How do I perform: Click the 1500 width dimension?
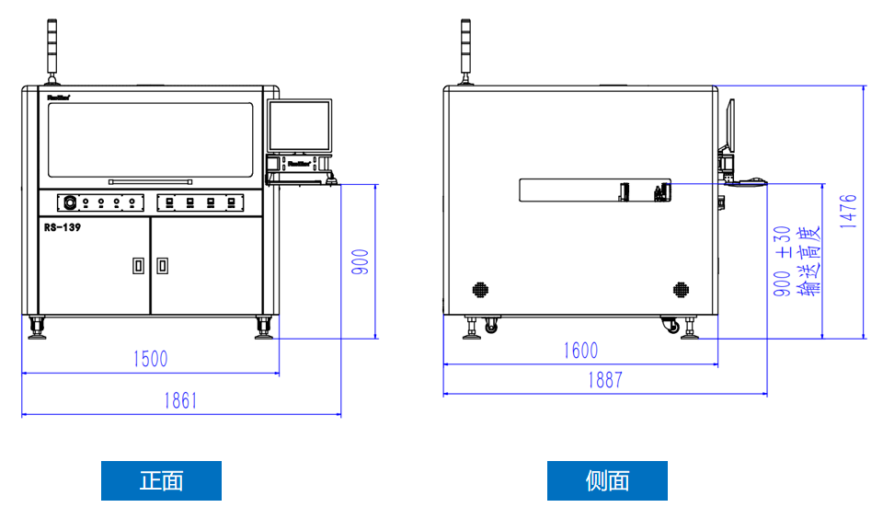pyautogui.click(x=149, y=358)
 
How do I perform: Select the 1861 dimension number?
pyautogui.click(x=180, y=400)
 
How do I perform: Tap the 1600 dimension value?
pyautogui.click(x=579, y=350)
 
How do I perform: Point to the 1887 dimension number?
pyautogui.click(x=604, y=380)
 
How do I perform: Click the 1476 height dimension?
pyautogui.click(x=848, y=211)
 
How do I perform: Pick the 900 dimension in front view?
pyautogui.click(x=361, y=262)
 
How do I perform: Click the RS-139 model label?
pyautogui.click(x=63, y=227)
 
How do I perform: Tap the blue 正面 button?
pyautogui.click(x=161, y=480)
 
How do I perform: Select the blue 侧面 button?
pyautogui.click(x=607, y=480)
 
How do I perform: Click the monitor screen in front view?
pyautogui.click(x=299, y=126)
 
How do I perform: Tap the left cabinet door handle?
pyautogui.click(x=138, y=266)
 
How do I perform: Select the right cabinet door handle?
pyautogui.click(x=162, y=266)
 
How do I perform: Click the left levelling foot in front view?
pyautogui.click(x=38, y=329)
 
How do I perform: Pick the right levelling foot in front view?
pyautogui.click(x=264, y=329)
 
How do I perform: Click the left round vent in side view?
pyautogui.click(x=480, y=289)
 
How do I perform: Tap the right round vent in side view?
pyautogui.click(x=681, y=289)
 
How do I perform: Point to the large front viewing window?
pyautogui.click(x=150, y=140)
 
